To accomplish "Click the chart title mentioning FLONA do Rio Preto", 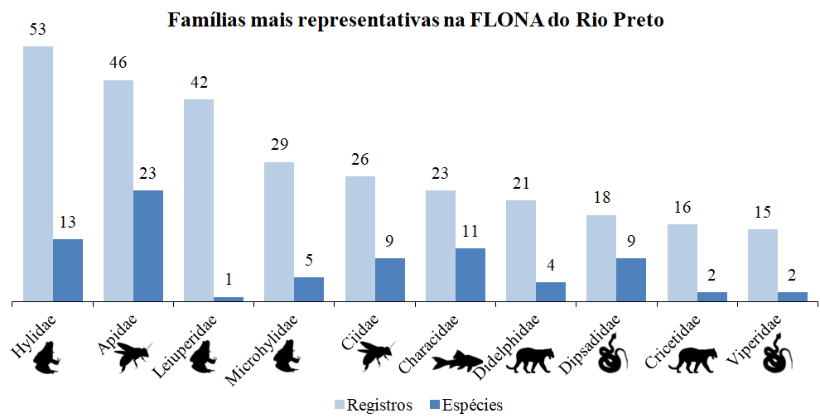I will point(416,19).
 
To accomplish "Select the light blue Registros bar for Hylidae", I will point(37,174).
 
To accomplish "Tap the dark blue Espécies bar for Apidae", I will point(148,246).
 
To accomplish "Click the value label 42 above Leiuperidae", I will point(199,82).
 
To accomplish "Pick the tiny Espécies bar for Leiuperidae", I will point(229,299).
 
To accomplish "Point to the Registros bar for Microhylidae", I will point(279,232).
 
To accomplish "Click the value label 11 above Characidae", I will point(470,231).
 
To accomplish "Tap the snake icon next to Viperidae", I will point(779,358).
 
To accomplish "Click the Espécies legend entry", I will point(465,405).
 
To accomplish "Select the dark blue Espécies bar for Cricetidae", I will point(712,296).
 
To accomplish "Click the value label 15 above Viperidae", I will point(763,213).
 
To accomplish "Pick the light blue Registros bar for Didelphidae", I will point(521,251).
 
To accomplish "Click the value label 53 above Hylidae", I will point(38,30).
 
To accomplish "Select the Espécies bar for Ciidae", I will point(390,280).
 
